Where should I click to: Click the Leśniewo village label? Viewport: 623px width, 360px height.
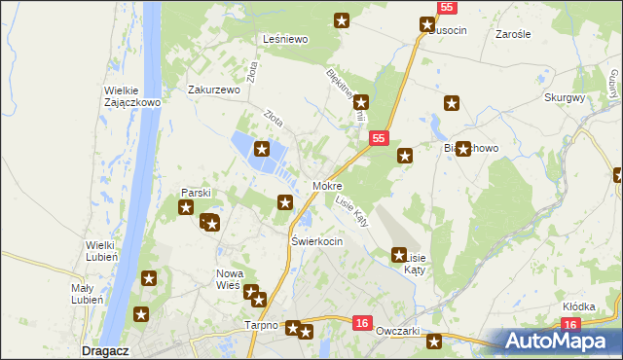point(285,39)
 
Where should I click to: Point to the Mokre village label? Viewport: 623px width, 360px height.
point(327,185)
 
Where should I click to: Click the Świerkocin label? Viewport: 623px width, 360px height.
point(316,240)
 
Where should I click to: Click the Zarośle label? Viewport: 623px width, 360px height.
point(512,34)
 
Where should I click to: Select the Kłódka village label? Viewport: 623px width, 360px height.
point(578,306)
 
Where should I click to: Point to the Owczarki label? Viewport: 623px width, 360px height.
point(396,331)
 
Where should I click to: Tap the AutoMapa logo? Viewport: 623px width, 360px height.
point(556,341)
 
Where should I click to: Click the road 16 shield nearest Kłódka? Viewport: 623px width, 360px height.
point(570,325)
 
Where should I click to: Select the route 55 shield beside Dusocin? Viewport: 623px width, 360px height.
point(446,7)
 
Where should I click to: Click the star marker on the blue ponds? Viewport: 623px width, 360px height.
point(262,149)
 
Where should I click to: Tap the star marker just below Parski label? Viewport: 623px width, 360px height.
point(186,207)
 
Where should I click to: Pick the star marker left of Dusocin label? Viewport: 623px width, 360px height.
point(427,25)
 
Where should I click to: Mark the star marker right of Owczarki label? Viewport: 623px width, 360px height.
point(434,342)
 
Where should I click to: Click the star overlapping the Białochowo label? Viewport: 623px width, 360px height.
point(463,149)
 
